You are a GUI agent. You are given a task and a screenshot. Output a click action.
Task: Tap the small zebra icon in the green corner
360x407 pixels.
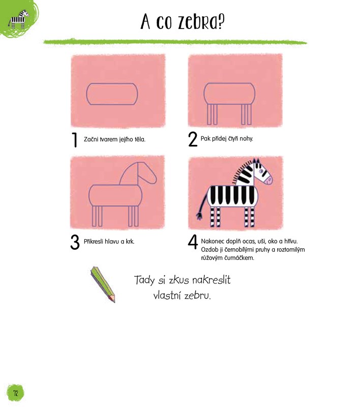18,19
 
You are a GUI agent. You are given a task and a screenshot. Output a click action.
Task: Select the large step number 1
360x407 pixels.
75,139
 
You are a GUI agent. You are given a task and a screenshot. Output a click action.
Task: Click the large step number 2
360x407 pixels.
192,139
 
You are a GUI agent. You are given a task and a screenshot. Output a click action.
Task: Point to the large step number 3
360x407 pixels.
75,242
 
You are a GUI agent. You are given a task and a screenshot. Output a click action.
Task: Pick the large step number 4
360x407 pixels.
193,242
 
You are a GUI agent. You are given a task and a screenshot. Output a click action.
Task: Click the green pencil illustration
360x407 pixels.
103,284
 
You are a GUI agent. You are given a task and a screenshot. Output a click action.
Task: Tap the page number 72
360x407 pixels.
16,393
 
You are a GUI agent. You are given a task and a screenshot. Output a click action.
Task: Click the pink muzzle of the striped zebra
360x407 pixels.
268,180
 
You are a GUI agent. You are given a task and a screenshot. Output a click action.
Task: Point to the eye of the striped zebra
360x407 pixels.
261,171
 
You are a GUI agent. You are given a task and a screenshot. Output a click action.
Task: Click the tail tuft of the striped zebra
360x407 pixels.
199,216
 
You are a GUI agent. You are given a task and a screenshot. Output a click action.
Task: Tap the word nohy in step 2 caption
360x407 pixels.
246,139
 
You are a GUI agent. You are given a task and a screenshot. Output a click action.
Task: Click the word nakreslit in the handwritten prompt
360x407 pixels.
212,280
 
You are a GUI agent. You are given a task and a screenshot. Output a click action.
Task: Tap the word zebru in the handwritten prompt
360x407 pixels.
197,296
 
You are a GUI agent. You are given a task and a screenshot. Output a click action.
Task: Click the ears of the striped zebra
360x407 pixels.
256,162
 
